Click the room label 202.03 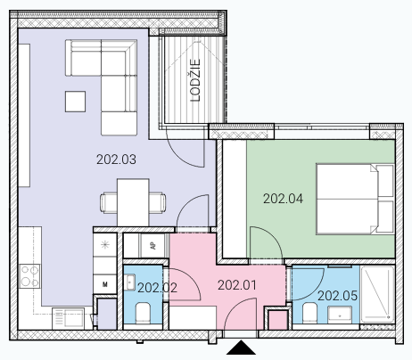coord(116,160)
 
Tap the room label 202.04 coord(283,199)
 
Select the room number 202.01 coord(237,285)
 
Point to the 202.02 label coord(157,288)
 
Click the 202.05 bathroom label coord(337,296)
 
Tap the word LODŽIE coord(195,80)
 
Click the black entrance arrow coord(241,348)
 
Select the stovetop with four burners coord(29,276)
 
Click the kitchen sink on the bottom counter coord(68,319)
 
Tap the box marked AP coord(152,246)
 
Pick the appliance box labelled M coord(105,284)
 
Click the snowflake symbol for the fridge coord(105,245)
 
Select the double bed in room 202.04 coord(356,199)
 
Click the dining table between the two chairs coord(133,202)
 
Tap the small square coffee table coord(75,102)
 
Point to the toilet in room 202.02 coord(143,314)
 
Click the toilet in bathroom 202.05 coord(309,314)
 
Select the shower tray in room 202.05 coord(377,294)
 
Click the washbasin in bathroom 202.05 coord(340,315)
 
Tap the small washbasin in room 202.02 coord(130,282)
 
